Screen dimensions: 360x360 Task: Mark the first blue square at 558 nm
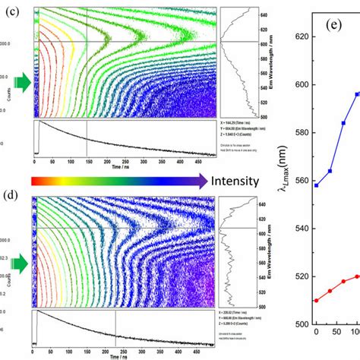[316, 185]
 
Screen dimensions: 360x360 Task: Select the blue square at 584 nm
[343, 123]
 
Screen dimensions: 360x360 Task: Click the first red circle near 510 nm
[316, 300]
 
